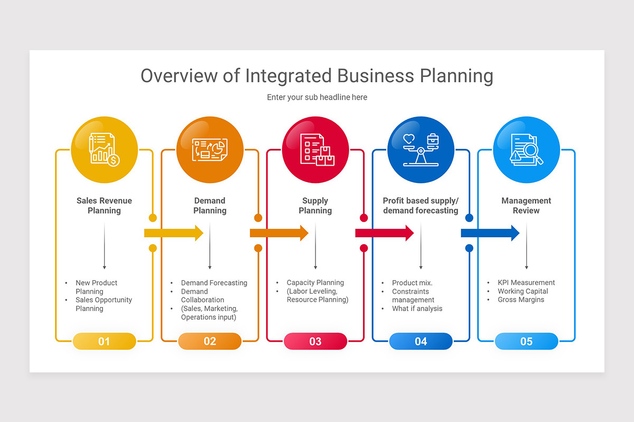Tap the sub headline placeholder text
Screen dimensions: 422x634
[317, 97]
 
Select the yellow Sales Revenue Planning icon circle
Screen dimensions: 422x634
[104, 150]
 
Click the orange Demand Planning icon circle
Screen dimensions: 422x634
[210, 150]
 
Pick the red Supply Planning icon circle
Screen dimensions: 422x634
[315, 150]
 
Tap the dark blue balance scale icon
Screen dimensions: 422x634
[421, 150]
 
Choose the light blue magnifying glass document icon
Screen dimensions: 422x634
[526, 150]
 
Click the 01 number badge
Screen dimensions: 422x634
[104, 341]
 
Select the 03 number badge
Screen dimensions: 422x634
[315, 341]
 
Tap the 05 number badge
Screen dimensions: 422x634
[526, 341]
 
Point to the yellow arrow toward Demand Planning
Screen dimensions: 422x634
[173, 233]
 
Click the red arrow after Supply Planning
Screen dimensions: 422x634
[384, 233]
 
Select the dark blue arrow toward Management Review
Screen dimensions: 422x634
[490, 233]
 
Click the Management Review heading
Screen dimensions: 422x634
[526, 205]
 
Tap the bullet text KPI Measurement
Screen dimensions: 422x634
[526, 283]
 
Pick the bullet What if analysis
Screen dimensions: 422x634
[417, 309]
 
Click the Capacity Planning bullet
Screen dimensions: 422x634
[315, 283]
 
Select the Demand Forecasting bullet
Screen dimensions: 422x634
[214, 283]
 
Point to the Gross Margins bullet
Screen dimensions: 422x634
[520, 300]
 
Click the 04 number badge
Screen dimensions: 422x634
[421, 341]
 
